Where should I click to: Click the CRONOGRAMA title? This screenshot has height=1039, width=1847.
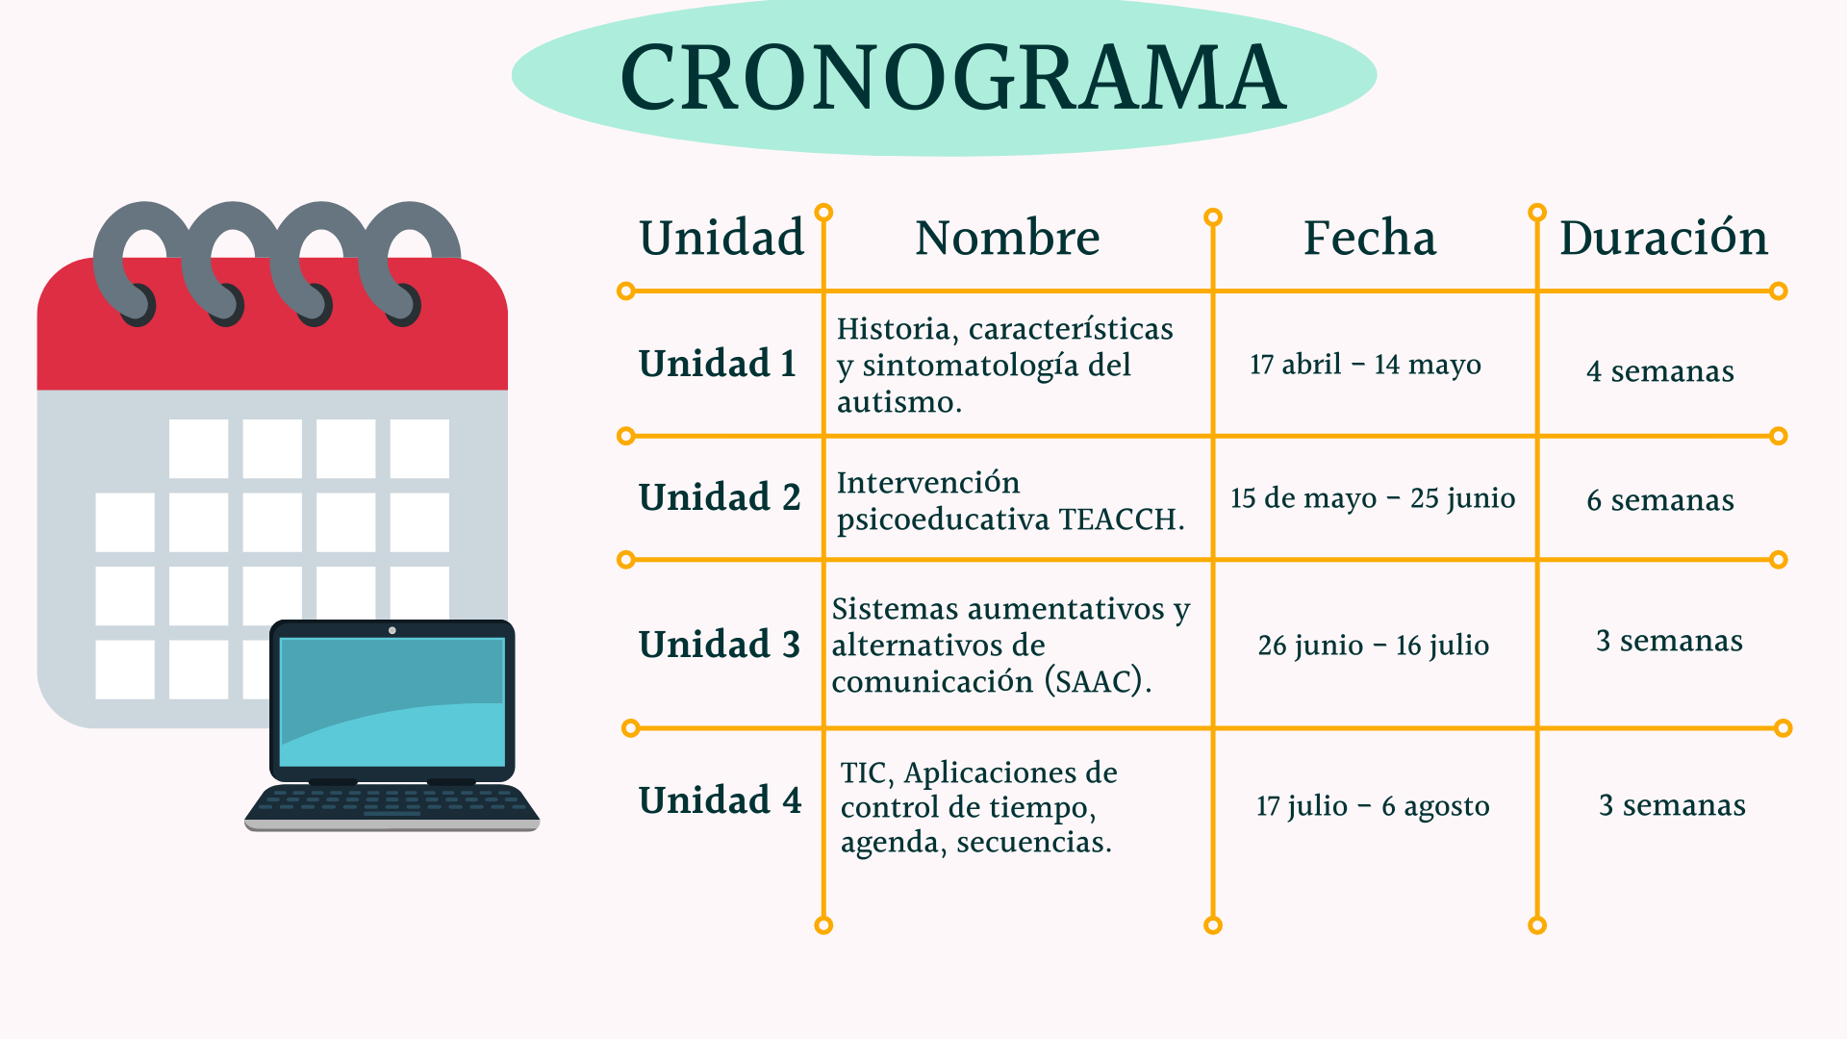pos(952,77)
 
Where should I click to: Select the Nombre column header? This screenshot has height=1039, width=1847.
pos(1007,238)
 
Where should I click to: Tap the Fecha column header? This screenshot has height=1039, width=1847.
pos(1370,238)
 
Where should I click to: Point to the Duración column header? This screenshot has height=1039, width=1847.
pos(1663,237)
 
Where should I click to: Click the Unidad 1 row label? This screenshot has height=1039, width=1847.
pos(718,364)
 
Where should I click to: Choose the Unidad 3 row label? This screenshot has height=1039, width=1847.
pos(720,645)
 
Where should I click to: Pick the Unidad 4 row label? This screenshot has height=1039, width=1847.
pos(720,800)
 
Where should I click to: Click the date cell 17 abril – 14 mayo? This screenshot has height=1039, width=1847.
pos(1365,365)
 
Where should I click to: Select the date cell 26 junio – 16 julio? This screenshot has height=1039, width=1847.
pos(1373,646)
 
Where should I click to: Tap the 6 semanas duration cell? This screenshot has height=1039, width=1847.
pos(1660,500)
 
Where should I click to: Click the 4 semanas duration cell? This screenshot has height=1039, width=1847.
pos(1660,371)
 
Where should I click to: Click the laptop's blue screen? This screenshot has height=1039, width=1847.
pos(392,701)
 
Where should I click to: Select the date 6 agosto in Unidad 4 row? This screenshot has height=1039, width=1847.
pos(1435,806)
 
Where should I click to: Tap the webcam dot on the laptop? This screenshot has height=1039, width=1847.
pos(392,630)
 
